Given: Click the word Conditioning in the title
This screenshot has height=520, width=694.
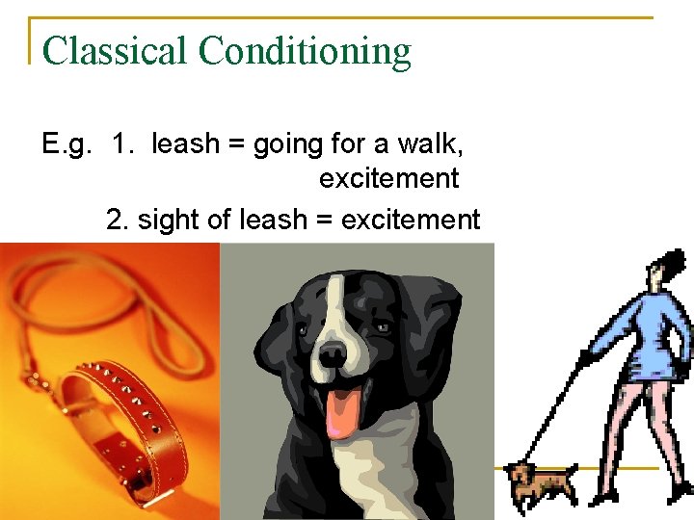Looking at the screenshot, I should point(304,52).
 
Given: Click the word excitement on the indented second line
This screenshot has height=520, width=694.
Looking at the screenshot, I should point(388,179).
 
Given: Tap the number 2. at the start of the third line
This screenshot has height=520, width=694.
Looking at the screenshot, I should point(119,221).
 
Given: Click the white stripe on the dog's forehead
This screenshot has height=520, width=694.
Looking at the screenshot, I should point(334,299).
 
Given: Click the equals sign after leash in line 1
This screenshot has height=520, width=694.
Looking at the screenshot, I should point(237,145).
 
